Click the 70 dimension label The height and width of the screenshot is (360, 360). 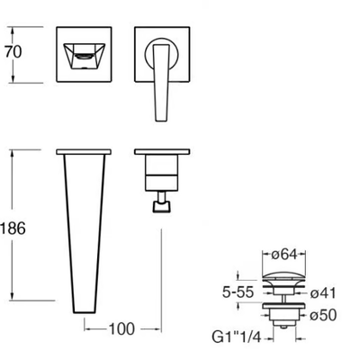click(13, 52)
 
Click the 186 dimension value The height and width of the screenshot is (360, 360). click(13, 229)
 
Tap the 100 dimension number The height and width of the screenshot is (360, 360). click(121, 329)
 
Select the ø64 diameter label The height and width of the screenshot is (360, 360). click(284, 255)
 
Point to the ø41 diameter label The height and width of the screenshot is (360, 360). click(323, 293)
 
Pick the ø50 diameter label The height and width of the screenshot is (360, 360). click(323, 315)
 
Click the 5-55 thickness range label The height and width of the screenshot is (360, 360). click(238, 292)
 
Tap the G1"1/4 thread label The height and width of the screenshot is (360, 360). click(237, 337)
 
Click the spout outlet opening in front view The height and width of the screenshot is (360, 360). click(85, 56)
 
